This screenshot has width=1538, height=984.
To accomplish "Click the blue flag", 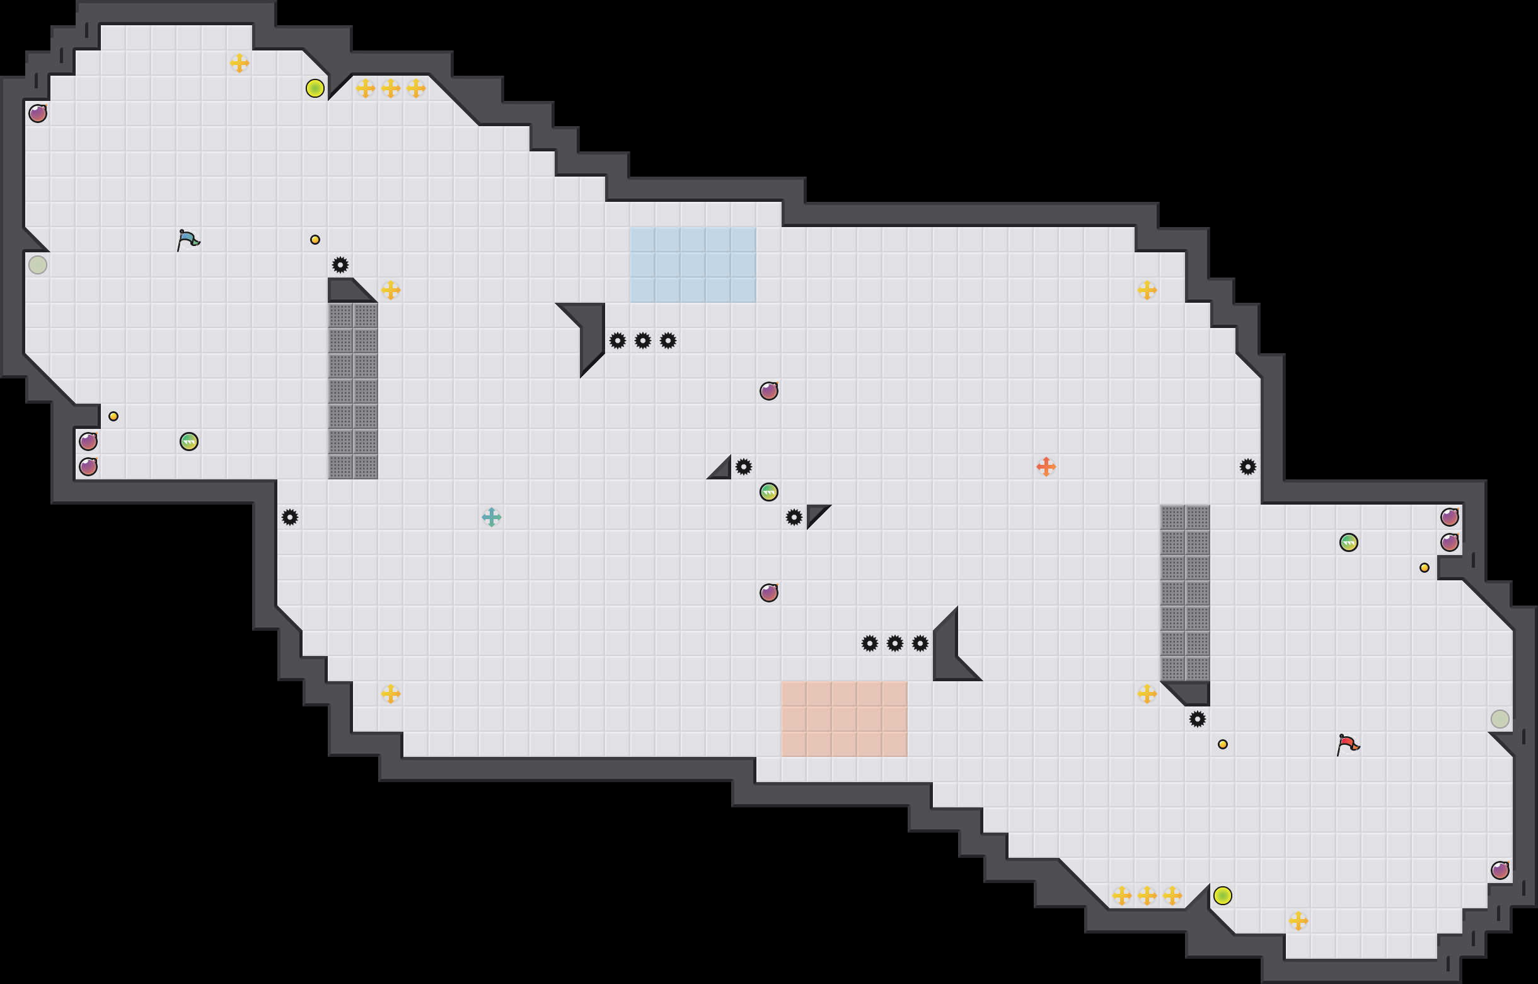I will pyautogui.click(x=188, y=240).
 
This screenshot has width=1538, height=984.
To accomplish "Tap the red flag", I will pyautogui.click(x=1348, y=744).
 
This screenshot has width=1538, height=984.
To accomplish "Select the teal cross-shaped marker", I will pyautogui.click(x=491, y=517).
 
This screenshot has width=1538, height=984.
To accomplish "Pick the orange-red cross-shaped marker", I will pyautogui.click(x=1046, y=466).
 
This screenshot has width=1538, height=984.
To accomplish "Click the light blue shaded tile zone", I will pyautogui.click(x=693, y=264).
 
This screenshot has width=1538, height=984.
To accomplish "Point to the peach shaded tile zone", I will pyautogui.click(x=844, y=719).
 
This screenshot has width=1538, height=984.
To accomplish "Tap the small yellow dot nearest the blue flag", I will pyautogui.click(x=315, y=240).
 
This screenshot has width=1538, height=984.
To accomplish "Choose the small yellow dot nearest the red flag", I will pyautogui.click(x=1222, y=744).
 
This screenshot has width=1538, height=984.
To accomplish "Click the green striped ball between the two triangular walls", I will pyautogui.click(x=768, y=492).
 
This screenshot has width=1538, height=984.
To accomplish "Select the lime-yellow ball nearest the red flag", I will pyautogui.click(x=1222, y=896).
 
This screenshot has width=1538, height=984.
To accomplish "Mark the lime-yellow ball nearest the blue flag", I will pyautogui.click(x=315, y=88).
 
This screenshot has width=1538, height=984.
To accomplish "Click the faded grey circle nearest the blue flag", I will pyautogui.click(x=38, y=264).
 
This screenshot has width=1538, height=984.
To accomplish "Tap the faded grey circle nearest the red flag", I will pyautogui.click(x=1500, y=719).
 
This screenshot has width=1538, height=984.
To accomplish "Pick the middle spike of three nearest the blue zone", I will pyautogui.click(x=642, y=341).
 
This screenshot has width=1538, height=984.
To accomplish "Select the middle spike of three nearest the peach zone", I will pyautogui.click(x=895, y=643).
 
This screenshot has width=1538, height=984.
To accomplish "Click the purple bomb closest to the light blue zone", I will pyautogui.click(x=768, y=391).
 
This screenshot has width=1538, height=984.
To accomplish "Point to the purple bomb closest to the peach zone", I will pyautogui.click(x=768, y=593).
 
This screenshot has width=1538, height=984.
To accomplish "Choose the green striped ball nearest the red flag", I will pyautogui.click(x=1348, y=542).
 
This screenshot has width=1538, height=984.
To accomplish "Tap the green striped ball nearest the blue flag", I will pyautogui.click(x=189, y=442).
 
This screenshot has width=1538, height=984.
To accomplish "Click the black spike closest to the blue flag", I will pyautogui.click(x=340, y=264).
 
